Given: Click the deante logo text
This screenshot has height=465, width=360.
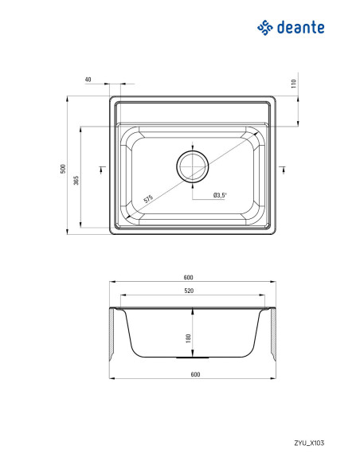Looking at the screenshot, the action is click(301, 27).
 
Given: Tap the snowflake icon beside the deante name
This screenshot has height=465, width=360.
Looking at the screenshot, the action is click(264, 28).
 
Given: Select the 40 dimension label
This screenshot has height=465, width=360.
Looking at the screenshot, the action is click(88, 80).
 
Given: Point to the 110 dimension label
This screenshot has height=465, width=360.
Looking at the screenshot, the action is click(294, 84).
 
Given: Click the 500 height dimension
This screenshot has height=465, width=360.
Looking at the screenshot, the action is click(63, 169).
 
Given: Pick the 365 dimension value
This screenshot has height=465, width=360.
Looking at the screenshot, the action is click(76, 180).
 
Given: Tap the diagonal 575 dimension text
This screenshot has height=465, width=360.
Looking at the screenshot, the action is click(148, 199).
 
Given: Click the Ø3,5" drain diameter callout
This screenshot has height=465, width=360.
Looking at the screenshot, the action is click(220, 195).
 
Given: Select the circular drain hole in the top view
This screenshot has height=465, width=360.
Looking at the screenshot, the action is click(193, 166).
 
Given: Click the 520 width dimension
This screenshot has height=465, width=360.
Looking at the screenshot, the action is click(189, 291).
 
